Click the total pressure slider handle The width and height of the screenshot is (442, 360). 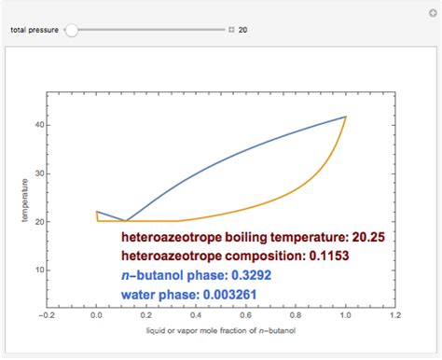tap(72, 30)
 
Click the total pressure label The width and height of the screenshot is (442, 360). tap(35, 30)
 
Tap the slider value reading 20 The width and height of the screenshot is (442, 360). tap(242, 30)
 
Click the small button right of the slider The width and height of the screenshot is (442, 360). tap(229, 30)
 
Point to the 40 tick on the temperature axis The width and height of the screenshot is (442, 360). tap(39, 124)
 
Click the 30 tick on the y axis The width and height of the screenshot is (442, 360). tap(39, 173)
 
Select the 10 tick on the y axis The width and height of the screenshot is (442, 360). tap(39, 270)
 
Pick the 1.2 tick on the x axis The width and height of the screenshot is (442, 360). tap(395, 315)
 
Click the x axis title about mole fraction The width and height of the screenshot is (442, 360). tap(221, 331)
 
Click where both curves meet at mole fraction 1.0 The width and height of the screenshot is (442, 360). tap(346, 117)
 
